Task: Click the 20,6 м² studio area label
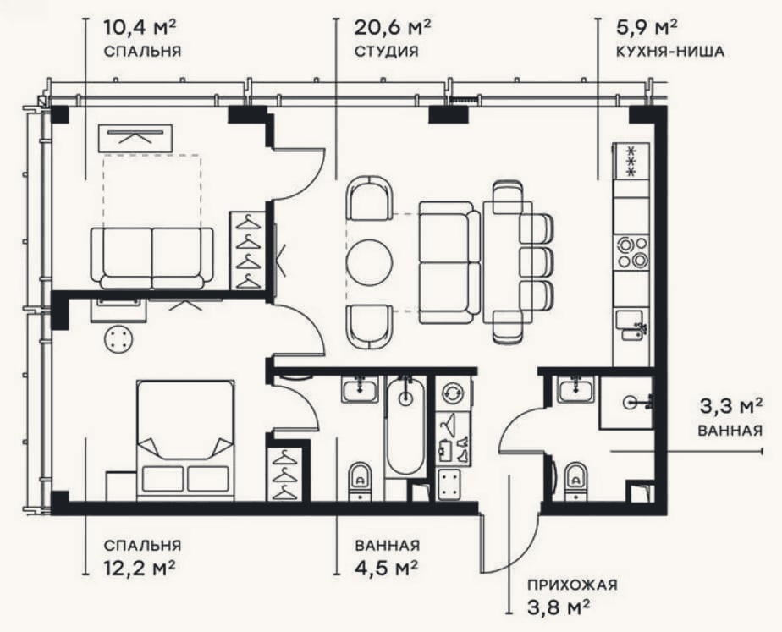pos(392,27)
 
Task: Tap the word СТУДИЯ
pos(386,52)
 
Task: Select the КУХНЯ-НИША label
pos(669,52)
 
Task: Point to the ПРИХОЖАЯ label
pos(572,584)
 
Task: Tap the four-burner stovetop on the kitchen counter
pos(632,253)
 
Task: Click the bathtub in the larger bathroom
pos(406,426)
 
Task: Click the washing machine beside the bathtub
pos(454,393)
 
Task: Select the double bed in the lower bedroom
pos(185,441)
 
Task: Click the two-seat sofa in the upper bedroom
pos(152,258)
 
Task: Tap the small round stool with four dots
pos(118,339)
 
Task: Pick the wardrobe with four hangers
pos(248,250)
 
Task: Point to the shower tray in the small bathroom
pos(626,404)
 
